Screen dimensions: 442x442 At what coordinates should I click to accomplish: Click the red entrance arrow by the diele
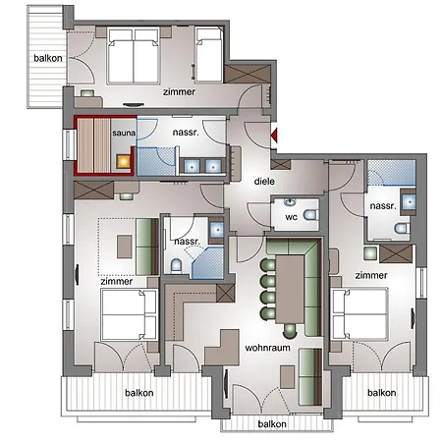(x=274, y=136)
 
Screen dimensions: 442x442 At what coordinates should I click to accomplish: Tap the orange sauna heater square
(x=125, y=161)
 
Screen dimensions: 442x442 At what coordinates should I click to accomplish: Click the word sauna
(x=124, y=133)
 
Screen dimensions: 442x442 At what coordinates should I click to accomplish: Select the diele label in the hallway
(x=264, y=181)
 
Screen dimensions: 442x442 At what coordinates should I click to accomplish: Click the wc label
(x=291, y=217)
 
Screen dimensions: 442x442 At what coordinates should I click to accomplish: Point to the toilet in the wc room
(x=310, y=215)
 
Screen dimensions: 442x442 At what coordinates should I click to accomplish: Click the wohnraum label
(x=267, y=348)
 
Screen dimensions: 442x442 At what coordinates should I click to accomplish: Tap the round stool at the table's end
(x=290, y=331)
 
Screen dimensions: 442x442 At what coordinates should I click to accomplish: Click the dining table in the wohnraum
(x=290, y=289)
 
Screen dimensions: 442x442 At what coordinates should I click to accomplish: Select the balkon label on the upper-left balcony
(x=48, y=58)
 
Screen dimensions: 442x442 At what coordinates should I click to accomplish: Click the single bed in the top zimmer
(x=209, y=55)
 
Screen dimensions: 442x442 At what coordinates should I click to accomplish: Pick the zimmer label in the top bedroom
(x=179, y=92)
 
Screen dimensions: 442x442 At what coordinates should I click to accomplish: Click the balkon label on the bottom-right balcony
(x=381, y=393)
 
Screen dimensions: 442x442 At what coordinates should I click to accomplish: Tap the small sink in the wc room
(x=290, y=201)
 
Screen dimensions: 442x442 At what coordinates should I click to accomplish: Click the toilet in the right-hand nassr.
(x=402, y=228)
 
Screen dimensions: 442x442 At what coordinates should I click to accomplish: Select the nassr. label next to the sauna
(x=186, y=133)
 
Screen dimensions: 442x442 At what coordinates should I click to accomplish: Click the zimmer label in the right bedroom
(x=371, y=275)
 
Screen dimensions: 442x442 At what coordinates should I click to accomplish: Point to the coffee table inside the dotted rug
(x=125, y=247)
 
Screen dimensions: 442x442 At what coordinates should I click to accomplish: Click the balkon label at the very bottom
(x=272, y=424)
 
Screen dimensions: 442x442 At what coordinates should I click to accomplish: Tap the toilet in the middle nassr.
(x=176, y=265)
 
